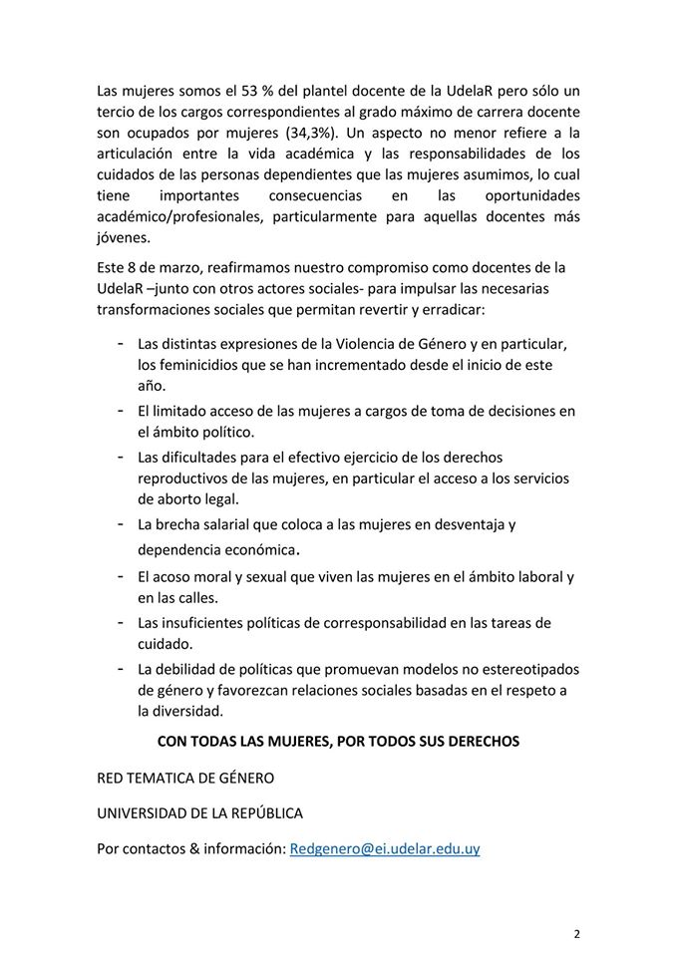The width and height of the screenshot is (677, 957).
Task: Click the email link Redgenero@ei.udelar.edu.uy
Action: click(x=384, y=849)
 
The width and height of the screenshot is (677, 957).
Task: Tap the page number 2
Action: click(x=576, y=934)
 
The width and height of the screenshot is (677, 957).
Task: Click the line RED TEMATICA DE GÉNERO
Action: click(x=184, y=777)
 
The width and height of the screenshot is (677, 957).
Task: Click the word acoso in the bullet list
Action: click(x=172, y=577)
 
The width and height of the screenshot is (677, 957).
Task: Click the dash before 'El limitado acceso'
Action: click(x=121, y=410)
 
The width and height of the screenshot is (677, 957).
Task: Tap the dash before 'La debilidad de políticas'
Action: click(x=121, y=667)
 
